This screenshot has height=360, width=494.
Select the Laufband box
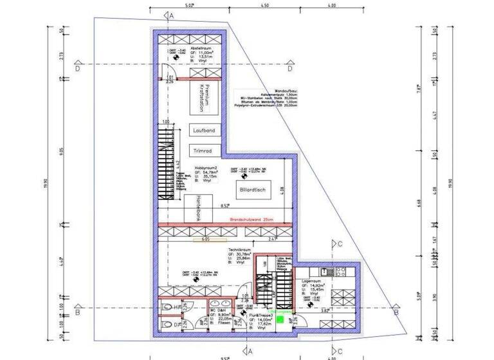205,130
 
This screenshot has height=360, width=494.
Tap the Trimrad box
205,150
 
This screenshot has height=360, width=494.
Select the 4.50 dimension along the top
264,5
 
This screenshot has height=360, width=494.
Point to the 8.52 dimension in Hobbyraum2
225,206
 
